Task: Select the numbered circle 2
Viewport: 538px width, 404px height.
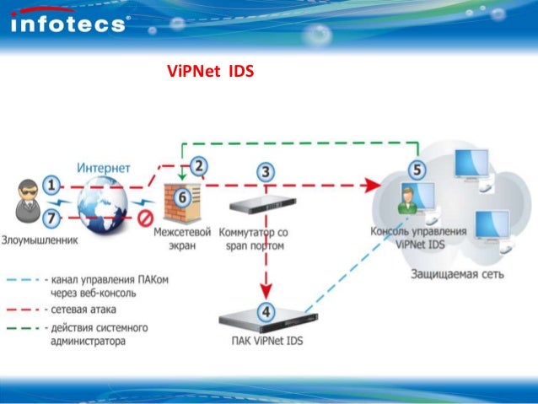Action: click(199, 166)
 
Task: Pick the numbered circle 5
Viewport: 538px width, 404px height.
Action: click(416, 169)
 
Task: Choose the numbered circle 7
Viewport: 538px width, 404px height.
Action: click(51, 218)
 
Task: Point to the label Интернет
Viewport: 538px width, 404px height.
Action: click(103, 168)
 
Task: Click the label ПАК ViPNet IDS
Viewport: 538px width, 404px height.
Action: click(268, 341)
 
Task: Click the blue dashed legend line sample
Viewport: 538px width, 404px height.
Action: click(25, 278)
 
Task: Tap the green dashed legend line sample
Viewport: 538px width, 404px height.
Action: click(25, 328)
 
